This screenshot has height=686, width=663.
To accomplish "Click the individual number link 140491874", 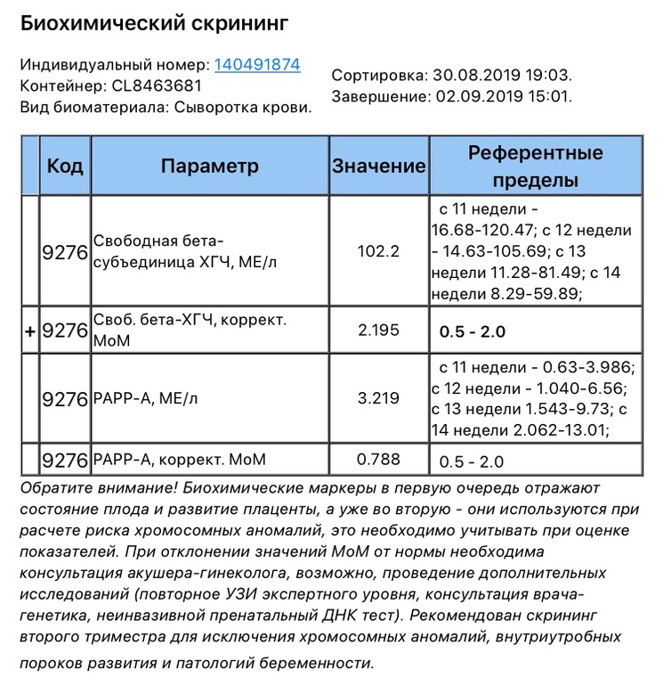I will (256, 65).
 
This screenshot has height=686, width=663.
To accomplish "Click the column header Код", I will (65, 166).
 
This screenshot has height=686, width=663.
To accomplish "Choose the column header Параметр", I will (210, 166).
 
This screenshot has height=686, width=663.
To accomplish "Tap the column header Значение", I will (378, 167).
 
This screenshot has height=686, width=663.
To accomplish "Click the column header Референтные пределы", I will (535, 167).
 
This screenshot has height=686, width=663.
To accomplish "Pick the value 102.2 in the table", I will (378, 251).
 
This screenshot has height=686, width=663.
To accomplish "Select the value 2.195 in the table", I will (378, 331).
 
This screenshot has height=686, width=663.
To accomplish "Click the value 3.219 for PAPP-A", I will (378, 399).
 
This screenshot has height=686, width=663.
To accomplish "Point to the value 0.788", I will (378, 460).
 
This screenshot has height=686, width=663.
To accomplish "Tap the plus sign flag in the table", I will (29, 331).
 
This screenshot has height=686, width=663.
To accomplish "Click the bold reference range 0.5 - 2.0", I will (472, 332).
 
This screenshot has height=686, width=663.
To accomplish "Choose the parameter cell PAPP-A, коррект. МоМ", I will (179, 461).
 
